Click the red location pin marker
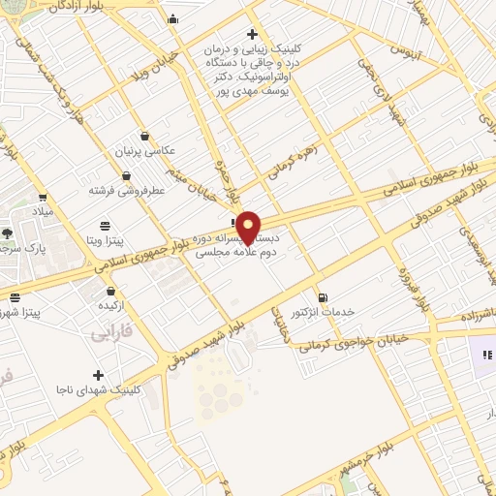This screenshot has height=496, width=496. coord(249,225)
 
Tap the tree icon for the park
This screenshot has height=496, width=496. coord(8,233)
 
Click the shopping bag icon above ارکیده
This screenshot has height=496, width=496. coord(111,290)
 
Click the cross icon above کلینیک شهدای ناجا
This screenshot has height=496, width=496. coord(98,375)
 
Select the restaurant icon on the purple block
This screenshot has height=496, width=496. coord(486,356)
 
